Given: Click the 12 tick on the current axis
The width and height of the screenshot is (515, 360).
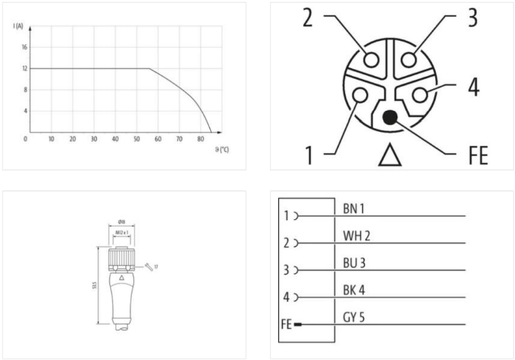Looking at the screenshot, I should pyautogui.click(x=25, y=68).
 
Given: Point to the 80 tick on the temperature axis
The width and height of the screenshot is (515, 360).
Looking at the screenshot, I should pyautogui.click(x=200, y=139).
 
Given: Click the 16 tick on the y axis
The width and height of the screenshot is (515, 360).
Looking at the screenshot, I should pyautogui.click(x=25, y=47).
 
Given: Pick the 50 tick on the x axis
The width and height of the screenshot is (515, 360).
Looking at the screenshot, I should pyautogui.click(x=136, y=139).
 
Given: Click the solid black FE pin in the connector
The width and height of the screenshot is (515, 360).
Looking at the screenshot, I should pyautogui.click(x=389, y=118).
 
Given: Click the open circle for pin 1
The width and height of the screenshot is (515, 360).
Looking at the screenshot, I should pyautogui.click(x=359, y=95).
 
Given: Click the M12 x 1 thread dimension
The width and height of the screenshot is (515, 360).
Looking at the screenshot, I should pyautogui.click(x=120, y=232).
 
